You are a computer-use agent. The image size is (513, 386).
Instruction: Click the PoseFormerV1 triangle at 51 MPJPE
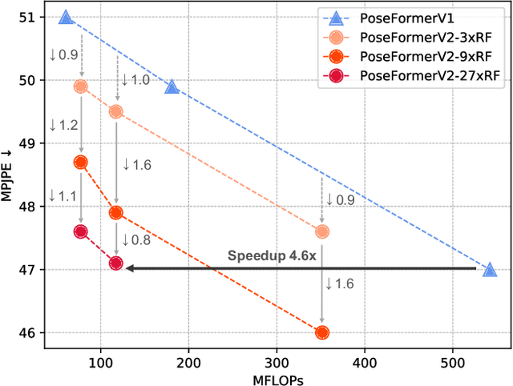point(66,17)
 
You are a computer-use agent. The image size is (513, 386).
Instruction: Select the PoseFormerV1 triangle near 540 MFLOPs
point(490,270)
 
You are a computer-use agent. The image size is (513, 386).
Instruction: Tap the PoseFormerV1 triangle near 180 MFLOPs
point(172,86)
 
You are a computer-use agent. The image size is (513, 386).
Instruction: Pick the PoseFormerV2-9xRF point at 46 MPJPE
point(322,332)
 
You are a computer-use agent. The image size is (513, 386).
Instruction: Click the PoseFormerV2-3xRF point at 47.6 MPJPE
point(322,231)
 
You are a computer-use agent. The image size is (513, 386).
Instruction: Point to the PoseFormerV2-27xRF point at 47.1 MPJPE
point(115,263)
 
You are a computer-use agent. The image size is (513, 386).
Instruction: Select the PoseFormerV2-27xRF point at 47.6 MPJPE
point(80,231)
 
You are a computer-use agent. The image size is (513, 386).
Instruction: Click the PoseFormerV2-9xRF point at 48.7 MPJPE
point(80,162)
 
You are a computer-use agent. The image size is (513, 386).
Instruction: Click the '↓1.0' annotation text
point(135,81)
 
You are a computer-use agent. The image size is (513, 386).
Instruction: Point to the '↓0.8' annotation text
point(135,239)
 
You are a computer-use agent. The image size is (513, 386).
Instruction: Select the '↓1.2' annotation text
point(63,126)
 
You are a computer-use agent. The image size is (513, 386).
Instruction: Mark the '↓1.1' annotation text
point(63,196)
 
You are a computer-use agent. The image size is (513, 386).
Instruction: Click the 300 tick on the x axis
point(277,361)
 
